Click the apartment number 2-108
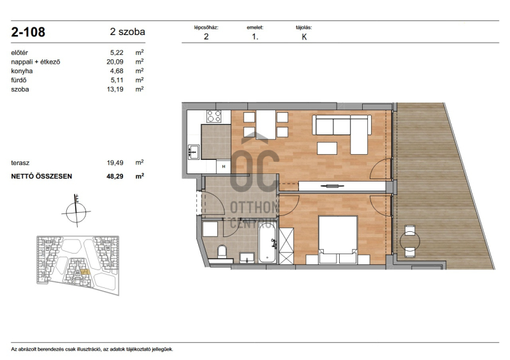28,32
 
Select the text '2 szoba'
127,32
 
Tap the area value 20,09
115,62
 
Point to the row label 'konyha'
22,71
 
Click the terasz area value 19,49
115,162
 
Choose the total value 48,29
115,176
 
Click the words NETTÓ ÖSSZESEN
41,176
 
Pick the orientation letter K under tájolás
304,37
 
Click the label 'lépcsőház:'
206,27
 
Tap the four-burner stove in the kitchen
214,116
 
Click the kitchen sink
194,152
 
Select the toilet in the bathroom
222,252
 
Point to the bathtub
268,245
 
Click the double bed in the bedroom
338,240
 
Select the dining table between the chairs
266,125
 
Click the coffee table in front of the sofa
327,148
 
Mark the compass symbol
76,212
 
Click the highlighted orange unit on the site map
85,272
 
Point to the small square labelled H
224,166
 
